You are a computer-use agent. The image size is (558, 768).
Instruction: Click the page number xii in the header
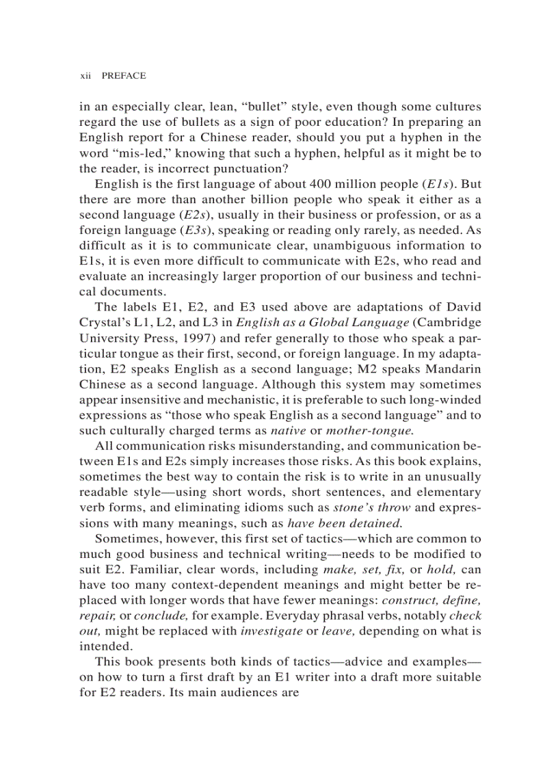(85, 76)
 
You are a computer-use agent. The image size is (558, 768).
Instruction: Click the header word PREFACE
(124, 76)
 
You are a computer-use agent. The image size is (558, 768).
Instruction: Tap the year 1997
(207, 338)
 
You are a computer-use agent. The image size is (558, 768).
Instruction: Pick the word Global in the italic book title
(325, 322)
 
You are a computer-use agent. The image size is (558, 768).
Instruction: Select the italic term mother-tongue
(370, 431)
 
